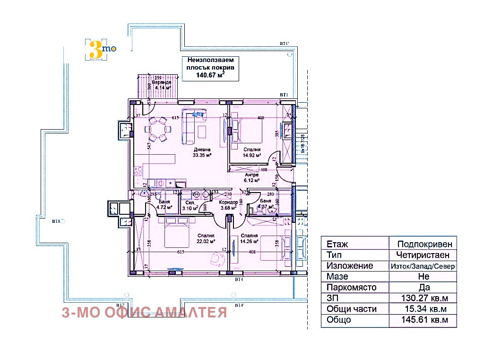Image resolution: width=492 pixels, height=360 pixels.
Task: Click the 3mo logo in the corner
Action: pos(100,49)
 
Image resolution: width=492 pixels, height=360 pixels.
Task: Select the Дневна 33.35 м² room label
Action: pos(202,152)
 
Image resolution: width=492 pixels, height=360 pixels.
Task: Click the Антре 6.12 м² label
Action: pos(251,177)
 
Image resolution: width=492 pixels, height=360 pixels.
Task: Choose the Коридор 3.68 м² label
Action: pos(228,205)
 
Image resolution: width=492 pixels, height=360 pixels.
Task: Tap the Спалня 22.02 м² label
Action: pos(206,238)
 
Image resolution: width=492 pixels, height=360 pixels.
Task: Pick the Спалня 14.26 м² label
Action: pos(249,238)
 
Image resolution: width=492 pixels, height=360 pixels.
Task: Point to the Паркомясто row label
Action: pos(351,288)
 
